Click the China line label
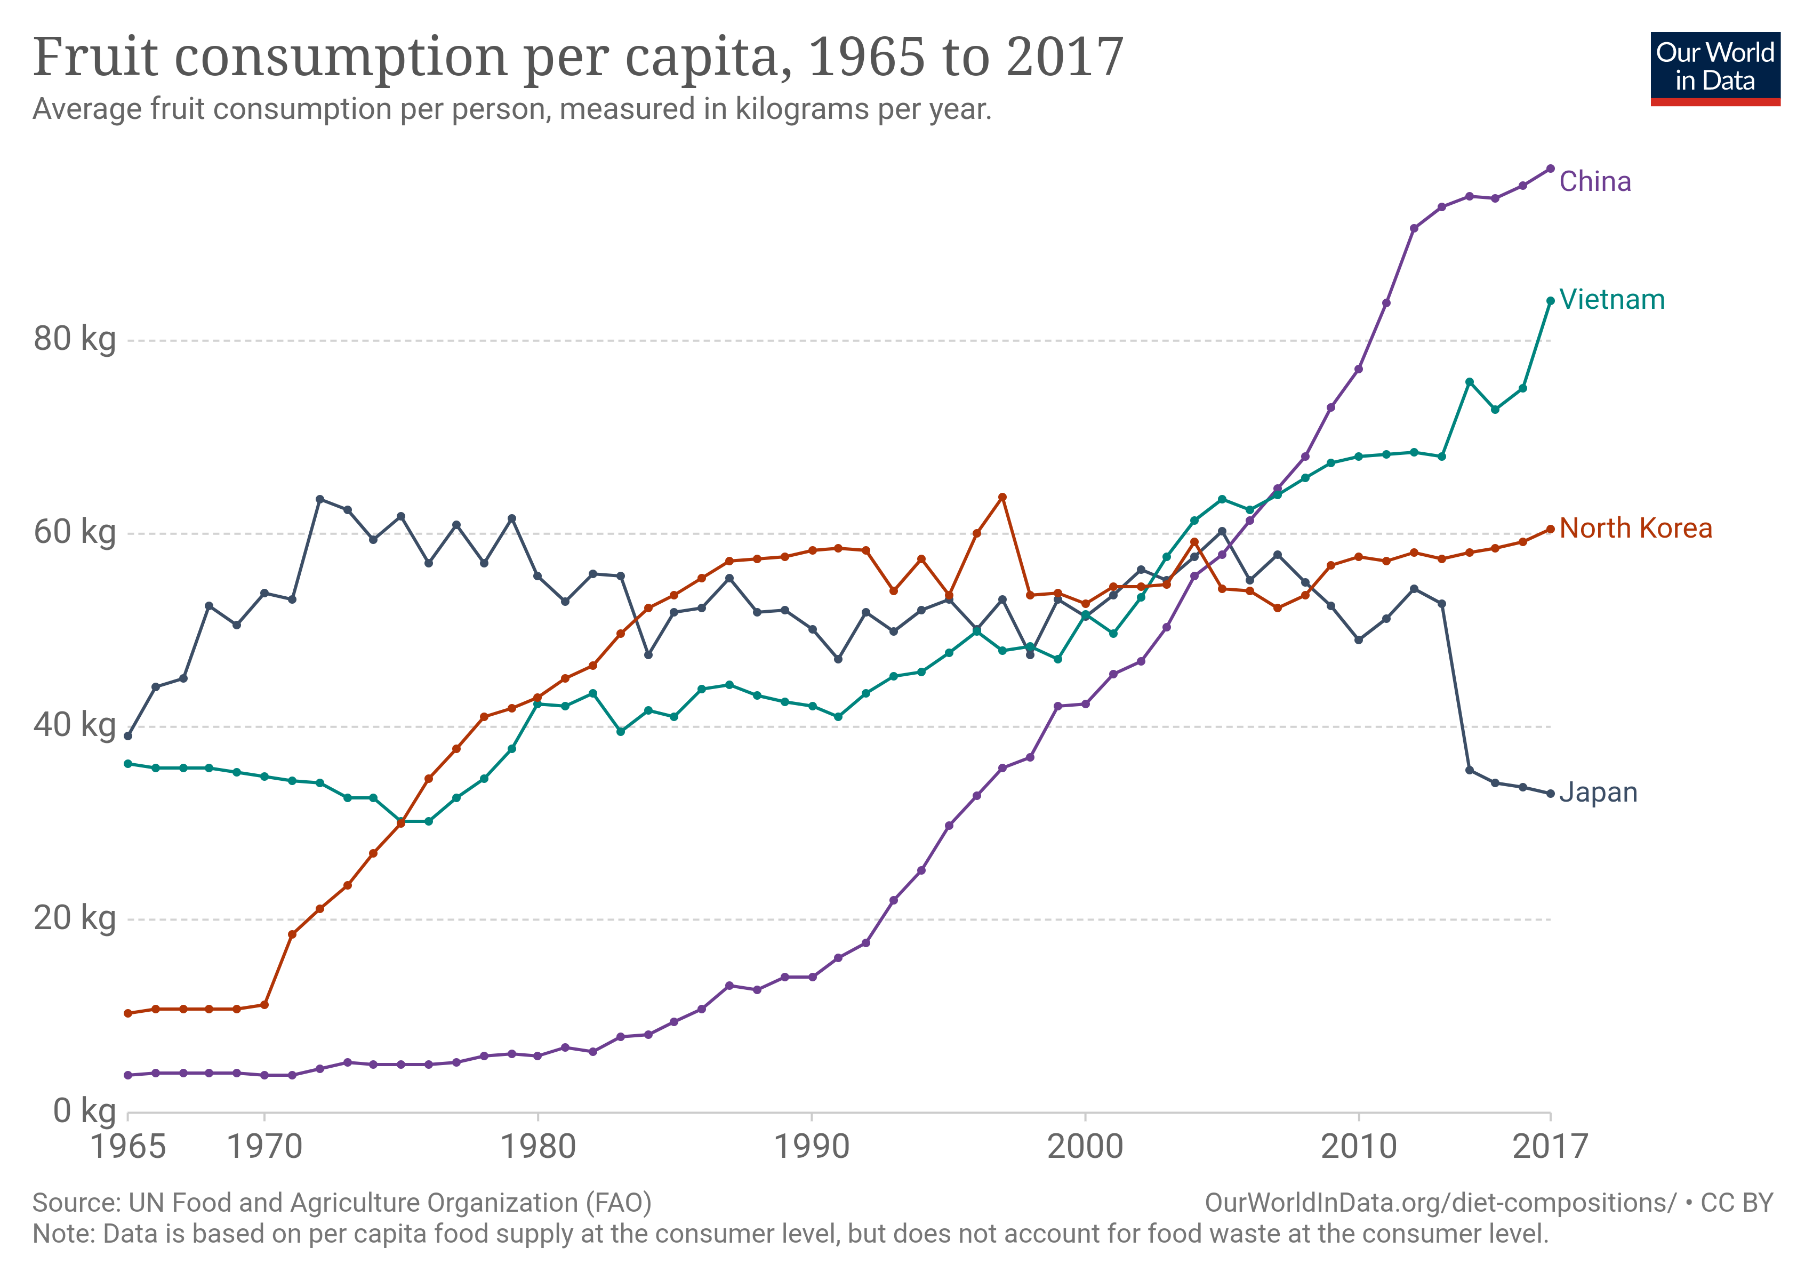click(x=1594, y=182)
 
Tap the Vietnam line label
click(x=1611, y=300)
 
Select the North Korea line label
click(x=1635, y=528)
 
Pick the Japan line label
click(x=1598, y=792)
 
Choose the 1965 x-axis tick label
click(x=128, y=1147)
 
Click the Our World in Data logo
click(x=1715, y=69)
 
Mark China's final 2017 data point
click(x=1550, y=168)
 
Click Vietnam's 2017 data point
click(x=1550, y=301)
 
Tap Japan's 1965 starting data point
click(x=128, y=736)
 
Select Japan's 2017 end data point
click(x=1550, y=794)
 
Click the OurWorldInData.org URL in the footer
click(x=1440, y=1203)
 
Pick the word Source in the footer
click(x=75, y=1203)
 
